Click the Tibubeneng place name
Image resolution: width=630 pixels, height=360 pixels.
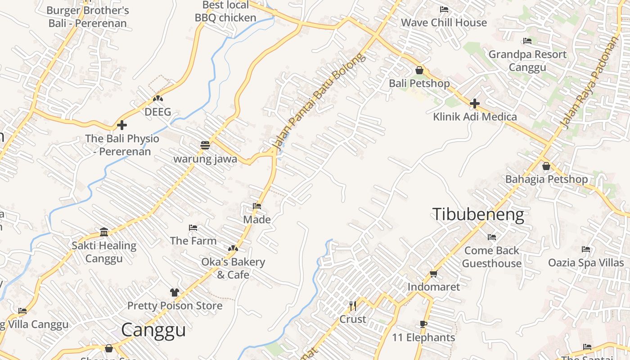pyautogui.click(x=478, y=215)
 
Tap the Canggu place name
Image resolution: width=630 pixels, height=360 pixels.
pyautogui.click(x=153, y=330)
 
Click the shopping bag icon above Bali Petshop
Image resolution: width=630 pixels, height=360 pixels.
pyautogui.click(x=419, y=70)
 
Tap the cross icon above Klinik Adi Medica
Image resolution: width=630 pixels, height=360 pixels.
pyautogui.click(x=474, y=104)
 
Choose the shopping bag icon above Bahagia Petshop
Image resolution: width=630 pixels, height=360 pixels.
pyautogui.click(x=546, y=166)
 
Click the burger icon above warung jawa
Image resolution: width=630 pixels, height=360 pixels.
pyautogui.click(x=205, y=145)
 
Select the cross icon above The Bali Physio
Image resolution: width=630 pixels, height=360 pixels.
pyautogui.click(x=122, y=125)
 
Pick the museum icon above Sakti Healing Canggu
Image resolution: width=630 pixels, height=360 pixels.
pyautogui.click(x=104, y=232)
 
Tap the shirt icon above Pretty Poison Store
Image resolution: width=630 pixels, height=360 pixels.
pyautogui.click(x=175, y=292)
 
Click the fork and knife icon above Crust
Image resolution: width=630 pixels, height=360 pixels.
pyautogui.click(x=353, y=306)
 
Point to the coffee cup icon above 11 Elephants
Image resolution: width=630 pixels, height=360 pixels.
pyautogui.click(x=423, y=324)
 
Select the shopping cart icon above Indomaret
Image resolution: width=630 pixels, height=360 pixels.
pyautogui.click(x=434, y=274)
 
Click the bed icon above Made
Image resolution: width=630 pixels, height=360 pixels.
pyautogui.click(x=257, y=206)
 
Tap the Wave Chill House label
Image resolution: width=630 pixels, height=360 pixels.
pyautogui.click(x=444, y=22)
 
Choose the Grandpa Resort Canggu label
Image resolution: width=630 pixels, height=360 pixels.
pyautogui.click(x=527, y=61)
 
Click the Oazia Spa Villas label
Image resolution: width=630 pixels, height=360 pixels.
pyautogui.click(x=586, y=262)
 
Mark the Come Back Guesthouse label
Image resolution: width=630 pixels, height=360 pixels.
pyautogui.click(x=491, y=256)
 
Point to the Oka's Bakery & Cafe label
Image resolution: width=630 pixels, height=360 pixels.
pyautogui.click(x=233, y=268)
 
